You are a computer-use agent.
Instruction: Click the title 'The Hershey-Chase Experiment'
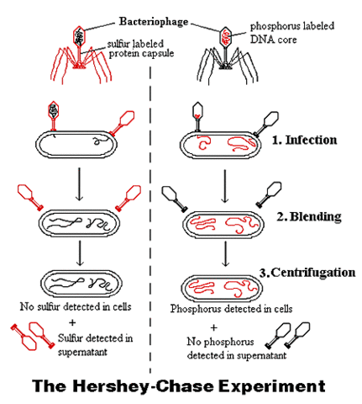(180, 386)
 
